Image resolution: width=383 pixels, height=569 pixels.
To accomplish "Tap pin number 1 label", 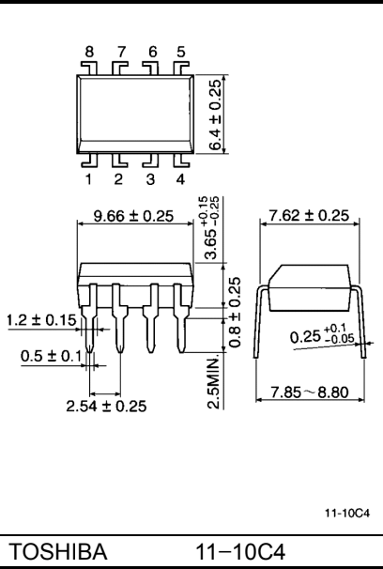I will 91,175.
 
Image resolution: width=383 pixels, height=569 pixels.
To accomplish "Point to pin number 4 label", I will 181,175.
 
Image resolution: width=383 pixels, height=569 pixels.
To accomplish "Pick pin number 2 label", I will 121,175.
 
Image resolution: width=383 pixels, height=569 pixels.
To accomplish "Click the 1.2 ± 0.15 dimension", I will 38,320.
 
